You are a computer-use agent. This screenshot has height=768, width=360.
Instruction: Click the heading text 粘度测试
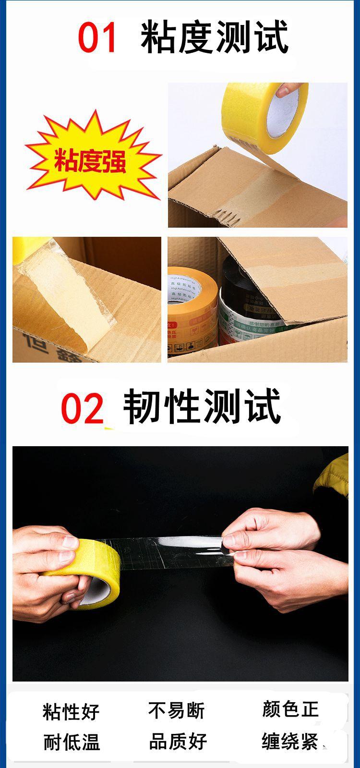(x=215, y=37)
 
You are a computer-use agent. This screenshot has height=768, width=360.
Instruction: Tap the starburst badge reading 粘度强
(x=90, y=160)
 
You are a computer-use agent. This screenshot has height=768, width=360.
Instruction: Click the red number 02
(x=82, y=408)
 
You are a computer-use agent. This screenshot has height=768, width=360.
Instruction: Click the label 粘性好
(x=71, y=711)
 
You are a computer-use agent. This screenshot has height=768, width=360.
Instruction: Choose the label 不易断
(x=176, y=710)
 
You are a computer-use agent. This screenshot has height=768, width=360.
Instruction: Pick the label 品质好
(x=178, y=742)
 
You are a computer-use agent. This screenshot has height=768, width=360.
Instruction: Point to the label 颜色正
(x=290, y=709)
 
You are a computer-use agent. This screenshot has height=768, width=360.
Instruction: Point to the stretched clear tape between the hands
(x=168, y=552)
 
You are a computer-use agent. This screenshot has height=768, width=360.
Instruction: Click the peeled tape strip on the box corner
(x=62, y=298)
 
